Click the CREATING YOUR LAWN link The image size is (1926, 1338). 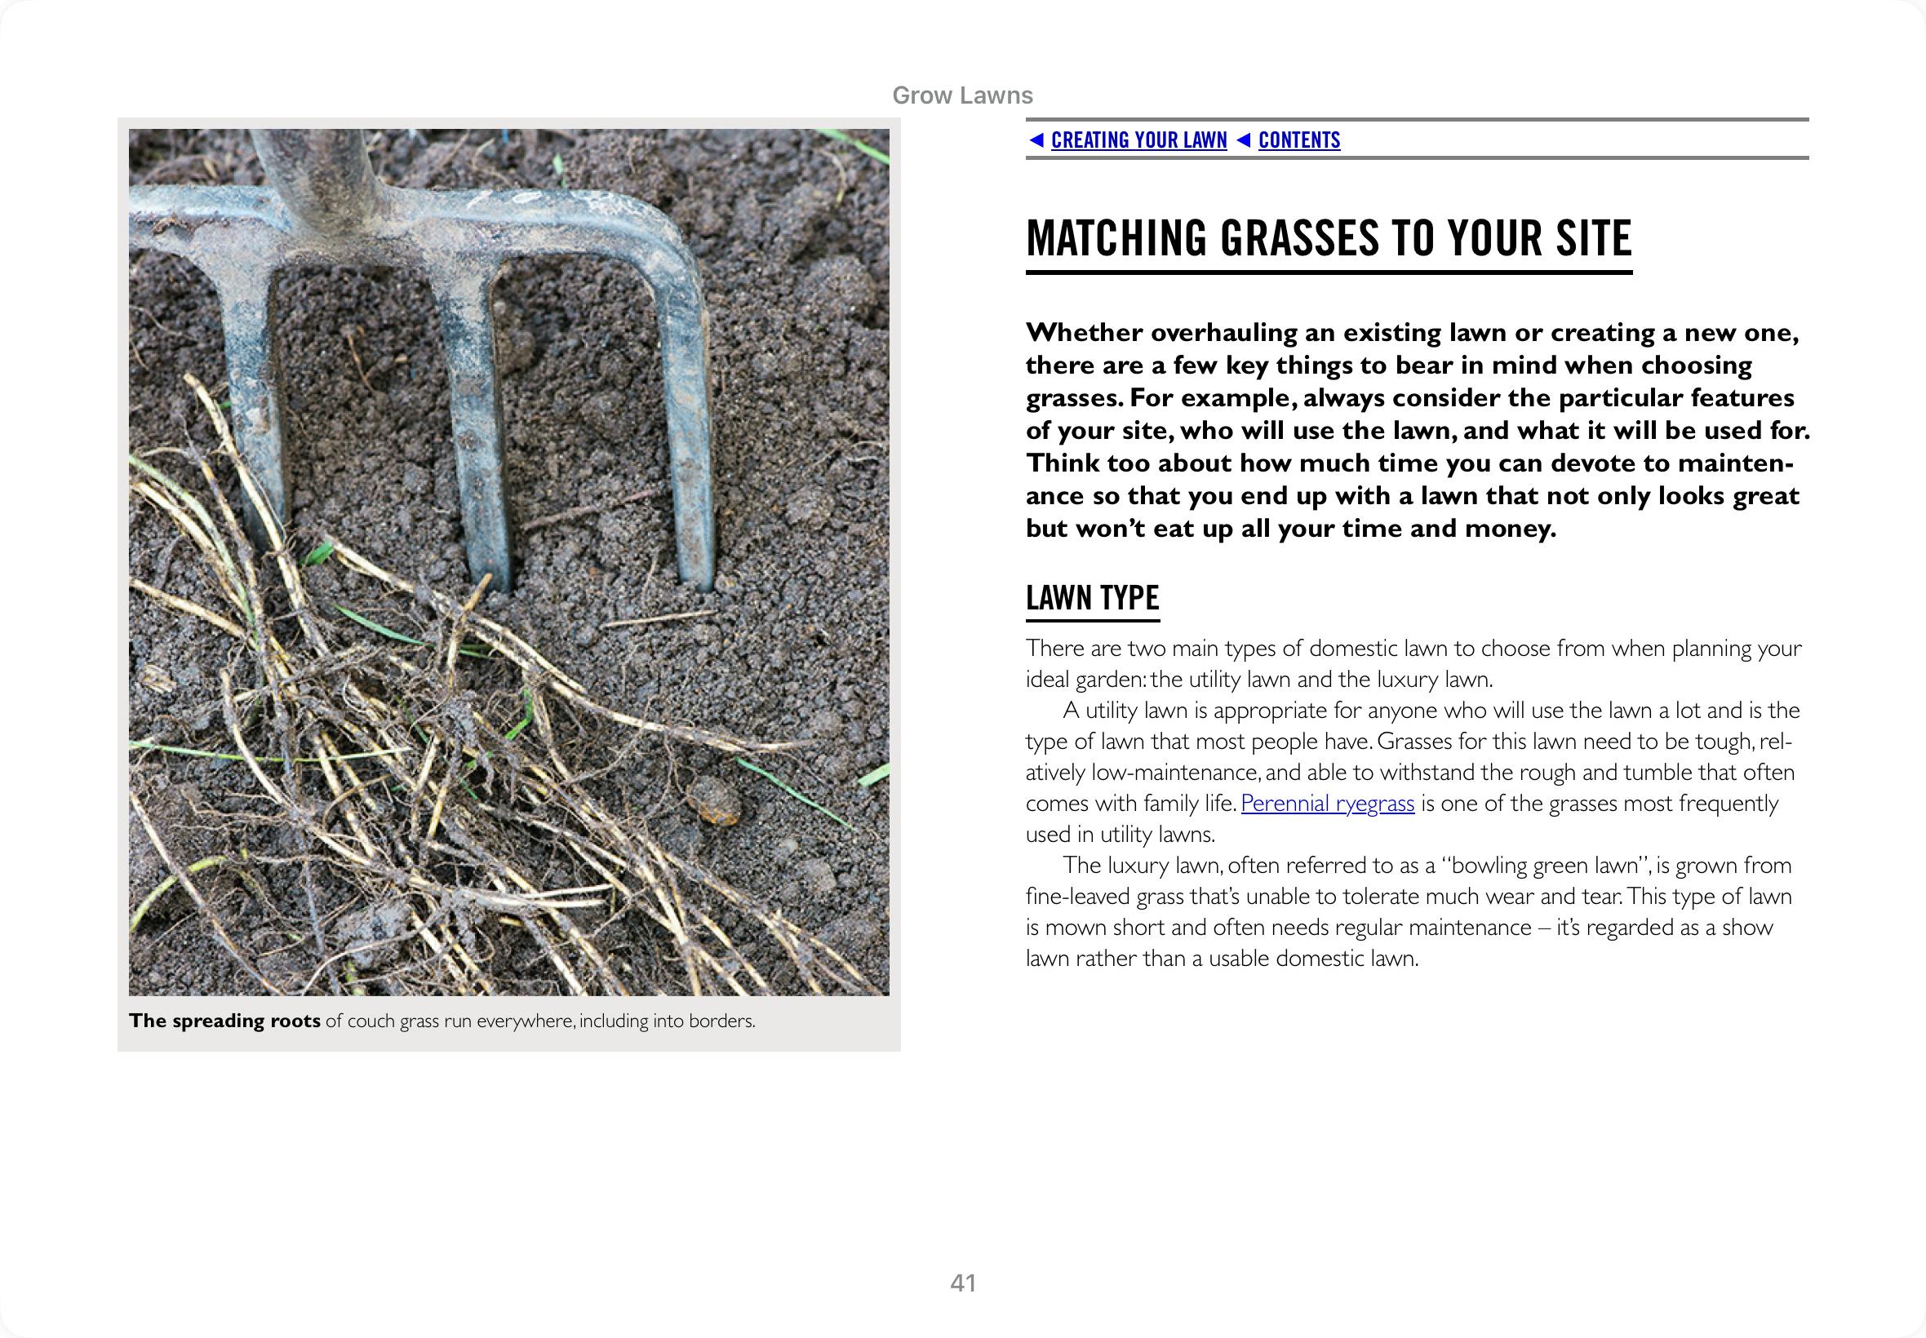[x=1138, y=140]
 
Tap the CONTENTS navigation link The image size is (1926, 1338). [x=1298, y=140]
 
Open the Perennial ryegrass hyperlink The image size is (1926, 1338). [x=1326, y=803]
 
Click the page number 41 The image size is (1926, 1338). [x=962, y=1283]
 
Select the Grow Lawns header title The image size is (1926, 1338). [x=961, y=95]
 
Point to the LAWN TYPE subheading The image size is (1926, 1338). [x=1092, y=598]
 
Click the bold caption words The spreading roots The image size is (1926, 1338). [x=224, y=1021]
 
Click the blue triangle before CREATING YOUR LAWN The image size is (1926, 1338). [x=1036, y=140]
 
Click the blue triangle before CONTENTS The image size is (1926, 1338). [x=1244, y=140]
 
